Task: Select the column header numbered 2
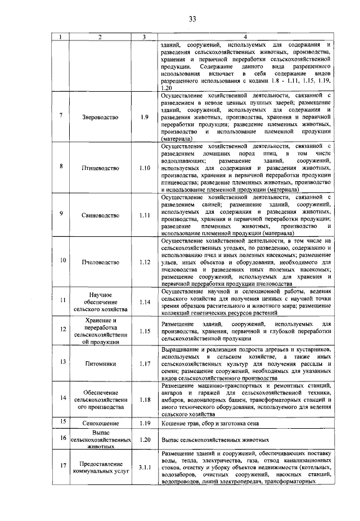(x=99, y=37)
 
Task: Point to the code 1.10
(x=144, y=168)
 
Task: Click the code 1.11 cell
(x=144, y=215)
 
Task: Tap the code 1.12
(x=144, y=262)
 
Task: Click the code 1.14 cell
(x=144, y=302)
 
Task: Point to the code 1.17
(x=144, y=364)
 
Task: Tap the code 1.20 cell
(x=144, y=439)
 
